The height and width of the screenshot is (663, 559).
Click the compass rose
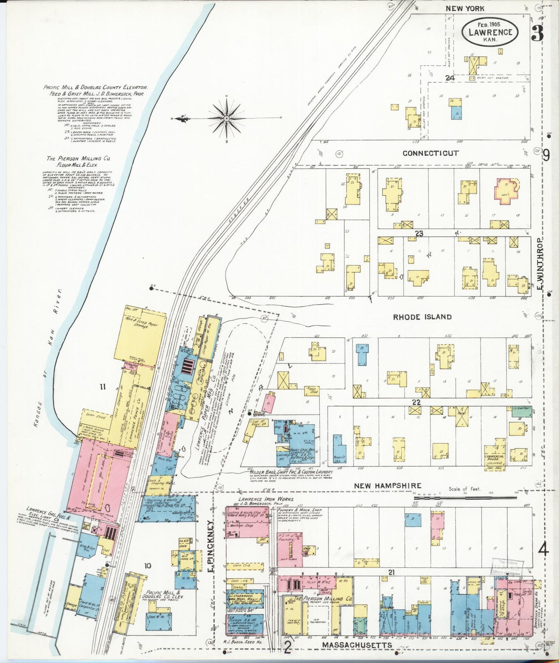[x=226, y=118]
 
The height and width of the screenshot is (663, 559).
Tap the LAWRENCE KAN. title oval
[x=490, y=32]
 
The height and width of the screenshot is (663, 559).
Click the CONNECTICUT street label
[x=430, y=153]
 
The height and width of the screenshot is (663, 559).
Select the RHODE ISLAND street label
[x=422, y=317]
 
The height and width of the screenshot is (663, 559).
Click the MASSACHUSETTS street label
[x=357, y=645]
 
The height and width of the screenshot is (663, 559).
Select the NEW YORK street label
[x=465, y=9]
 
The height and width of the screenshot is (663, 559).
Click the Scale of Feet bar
[x=464, y=497]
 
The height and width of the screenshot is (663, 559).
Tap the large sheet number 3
[x=537, y=34]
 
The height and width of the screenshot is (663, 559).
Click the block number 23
[x=419, y=233]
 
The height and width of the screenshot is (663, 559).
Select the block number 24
[x=449, y=78]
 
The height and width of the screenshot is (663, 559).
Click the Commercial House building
[x=495, y=458]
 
